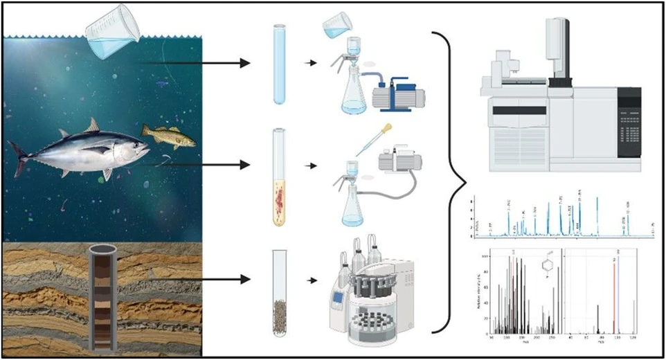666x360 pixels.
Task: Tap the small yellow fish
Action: click(168, 135)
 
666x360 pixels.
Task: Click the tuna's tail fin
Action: click(19, 159)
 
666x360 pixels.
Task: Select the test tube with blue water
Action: click(279, 64)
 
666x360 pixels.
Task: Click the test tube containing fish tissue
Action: click(279, 177)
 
